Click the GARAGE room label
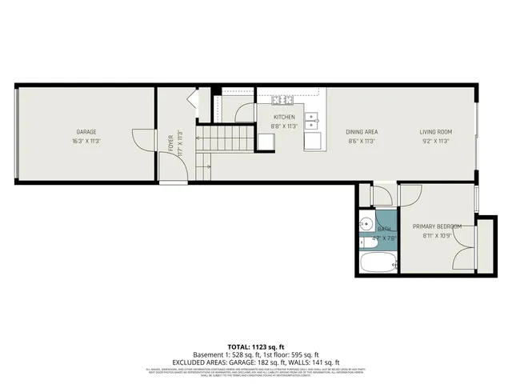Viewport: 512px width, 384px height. (x=87, y=132)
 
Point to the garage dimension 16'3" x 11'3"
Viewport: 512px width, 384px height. (x=87, y=141)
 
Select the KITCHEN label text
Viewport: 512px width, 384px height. (x=284, y=117)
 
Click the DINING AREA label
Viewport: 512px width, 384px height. (x=362, y=132)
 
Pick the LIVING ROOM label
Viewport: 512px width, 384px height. (x=437, y=132)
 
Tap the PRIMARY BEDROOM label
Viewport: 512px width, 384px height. (x=437, y=226)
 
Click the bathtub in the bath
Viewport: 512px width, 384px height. (x=375, y=262)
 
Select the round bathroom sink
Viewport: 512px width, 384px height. (x=366, y=225)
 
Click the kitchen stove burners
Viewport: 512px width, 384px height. (x=282, y=100)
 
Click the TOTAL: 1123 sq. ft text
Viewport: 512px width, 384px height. (x=255, y=346)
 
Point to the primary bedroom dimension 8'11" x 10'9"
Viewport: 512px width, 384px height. (x=437, y=236)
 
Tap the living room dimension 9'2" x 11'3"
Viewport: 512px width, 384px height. (x=437, y=141)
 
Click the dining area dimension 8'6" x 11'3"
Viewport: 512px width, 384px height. (x=362, y=141)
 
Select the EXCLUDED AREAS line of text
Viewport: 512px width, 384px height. (x=255, y=362)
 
